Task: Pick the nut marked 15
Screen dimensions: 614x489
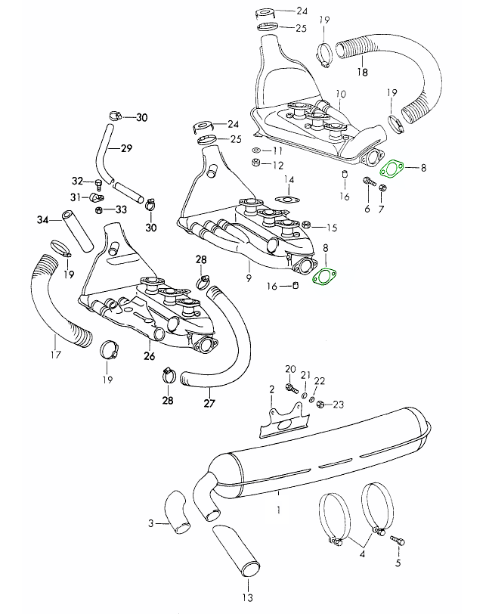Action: (306, 225)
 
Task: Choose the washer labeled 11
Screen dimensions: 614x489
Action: (255, 151)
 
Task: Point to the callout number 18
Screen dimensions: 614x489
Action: (362, 73)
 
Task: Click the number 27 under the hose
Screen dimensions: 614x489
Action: (209, 403)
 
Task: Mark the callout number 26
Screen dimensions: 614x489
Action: (150, 356)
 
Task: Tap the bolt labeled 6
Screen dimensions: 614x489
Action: (368, 181)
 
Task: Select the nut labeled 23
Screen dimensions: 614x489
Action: (320, 404)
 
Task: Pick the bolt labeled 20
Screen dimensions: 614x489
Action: (291, 388)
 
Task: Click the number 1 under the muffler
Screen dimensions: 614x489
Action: (278, 510)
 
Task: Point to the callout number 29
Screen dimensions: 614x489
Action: (126, 147)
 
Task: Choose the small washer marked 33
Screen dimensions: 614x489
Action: (101, 209)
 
